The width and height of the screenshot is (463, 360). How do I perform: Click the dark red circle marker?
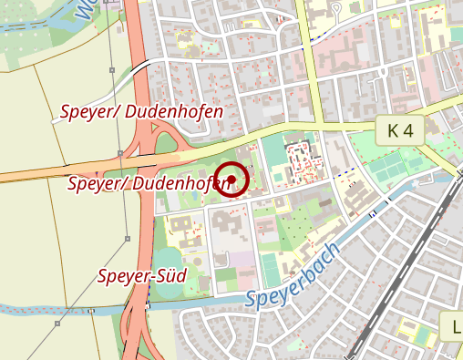[x=232, y=179]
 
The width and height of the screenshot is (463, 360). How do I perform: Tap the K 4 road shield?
[x=400, y=131]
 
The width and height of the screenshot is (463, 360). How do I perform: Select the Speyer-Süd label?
[x=142, y=275]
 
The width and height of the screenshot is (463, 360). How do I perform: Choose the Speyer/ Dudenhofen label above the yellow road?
[x=141, y=112]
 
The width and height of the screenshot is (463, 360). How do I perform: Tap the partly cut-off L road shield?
[x=452, y=326]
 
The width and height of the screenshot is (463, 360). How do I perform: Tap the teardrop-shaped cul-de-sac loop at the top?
[x=334, y=9]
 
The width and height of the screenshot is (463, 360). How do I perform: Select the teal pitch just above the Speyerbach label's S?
[x=270, y=268]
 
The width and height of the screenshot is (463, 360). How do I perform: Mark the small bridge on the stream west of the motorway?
[x=92, y=312]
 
